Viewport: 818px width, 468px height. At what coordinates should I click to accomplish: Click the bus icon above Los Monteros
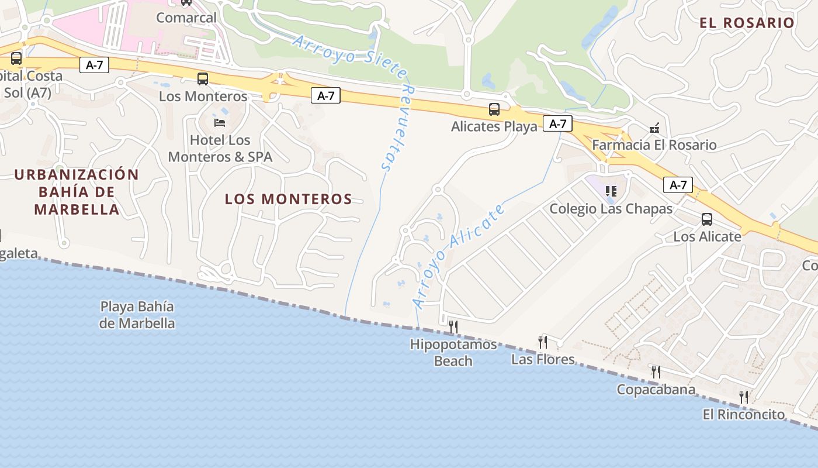click(x=203, y=78)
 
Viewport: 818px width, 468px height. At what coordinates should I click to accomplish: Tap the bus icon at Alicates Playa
click(x=494, y=109)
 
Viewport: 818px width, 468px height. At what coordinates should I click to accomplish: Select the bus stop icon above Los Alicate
click(x=707, y=219)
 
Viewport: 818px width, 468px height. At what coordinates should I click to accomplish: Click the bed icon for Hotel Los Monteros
click(x=220, y=123)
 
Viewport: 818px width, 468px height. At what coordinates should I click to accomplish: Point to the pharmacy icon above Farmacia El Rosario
click(x=654, y=128)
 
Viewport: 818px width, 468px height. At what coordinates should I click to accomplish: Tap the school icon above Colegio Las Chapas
click(x=611, y=191)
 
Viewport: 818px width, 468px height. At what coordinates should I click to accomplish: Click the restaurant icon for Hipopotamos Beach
click(x=453, y=326)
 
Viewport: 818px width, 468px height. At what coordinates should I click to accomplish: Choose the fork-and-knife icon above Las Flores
click(x=543, y=342)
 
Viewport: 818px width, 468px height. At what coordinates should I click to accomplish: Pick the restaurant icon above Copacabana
click(x=656, y=371)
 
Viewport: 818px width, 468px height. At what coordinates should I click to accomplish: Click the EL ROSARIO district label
click(x=747, y=23)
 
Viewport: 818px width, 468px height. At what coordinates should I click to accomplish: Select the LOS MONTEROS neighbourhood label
click(x=289, y=199)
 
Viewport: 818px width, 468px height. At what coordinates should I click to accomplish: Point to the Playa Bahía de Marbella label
click(x=137, y=315)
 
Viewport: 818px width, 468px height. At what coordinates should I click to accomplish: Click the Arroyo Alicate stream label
click(x=458, y=256)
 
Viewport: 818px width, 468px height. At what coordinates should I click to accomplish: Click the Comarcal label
click(x=186, y=18)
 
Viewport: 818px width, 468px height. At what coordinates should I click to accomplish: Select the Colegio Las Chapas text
click(x=611, y=209)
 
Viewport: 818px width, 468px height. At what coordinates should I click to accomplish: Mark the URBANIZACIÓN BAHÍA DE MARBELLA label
click(x=77, y=192)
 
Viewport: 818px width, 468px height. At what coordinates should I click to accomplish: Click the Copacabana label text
click(x=656, y=390)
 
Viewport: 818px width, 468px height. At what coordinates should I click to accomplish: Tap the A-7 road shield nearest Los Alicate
click(x=678, y=185)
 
